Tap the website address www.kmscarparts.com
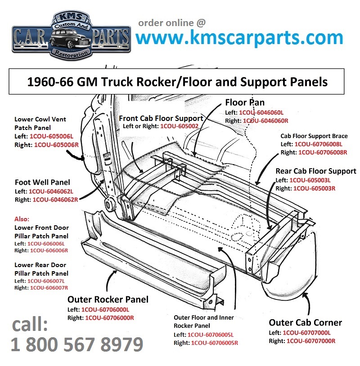(239, 38)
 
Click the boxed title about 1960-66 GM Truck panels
(177, 82)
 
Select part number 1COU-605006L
(54, 135)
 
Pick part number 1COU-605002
(180, 127)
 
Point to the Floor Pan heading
(245, 103)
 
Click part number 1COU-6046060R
(265, 121)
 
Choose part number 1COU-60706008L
(318, 144)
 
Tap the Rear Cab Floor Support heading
(315, 171)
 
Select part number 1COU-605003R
(314, 188)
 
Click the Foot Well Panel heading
(42, 182)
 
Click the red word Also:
(22, 219)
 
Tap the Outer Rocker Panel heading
(108, 299)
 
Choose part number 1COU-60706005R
(214, 343)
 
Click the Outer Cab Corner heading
(305, 323)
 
